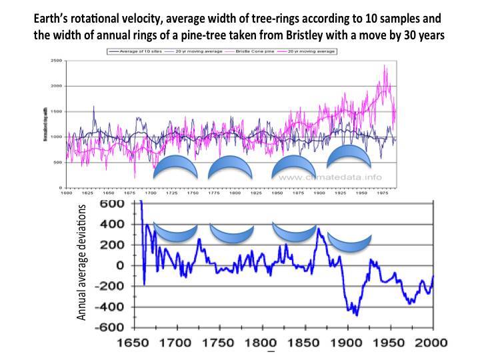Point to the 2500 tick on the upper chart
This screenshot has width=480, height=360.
tap(57, 61)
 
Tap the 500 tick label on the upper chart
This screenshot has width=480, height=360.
tap(59, 162)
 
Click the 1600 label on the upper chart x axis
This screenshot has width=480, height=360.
tap(67, 193)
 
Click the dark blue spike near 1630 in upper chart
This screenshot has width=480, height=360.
tap(93, 107)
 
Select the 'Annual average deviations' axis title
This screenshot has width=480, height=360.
tap(82, 263)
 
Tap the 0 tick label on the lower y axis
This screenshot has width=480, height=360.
tap(120, 265)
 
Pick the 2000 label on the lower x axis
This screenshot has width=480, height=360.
tap(430, 345)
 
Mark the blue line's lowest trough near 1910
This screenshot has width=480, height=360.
tap(357, 314)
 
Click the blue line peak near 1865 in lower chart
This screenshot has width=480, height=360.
tap(318, 229)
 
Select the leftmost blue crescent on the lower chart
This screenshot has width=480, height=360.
tap(175, 234)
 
